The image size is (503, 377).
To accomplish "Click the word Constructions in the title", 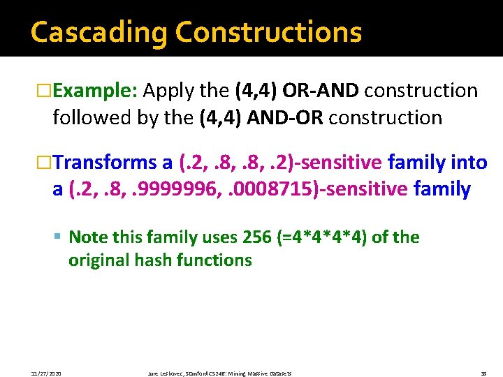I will pyautogui.click(x=269, y=32).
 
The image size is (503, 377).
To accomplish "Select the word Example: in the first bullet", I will pyautogui.click(x=98, y=91).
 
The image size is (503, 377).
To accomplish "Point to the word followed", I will pyautogui.click(x=92, y=117).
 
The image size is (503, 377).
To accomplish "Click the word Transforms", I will pyautogui.click(x=105, y=163).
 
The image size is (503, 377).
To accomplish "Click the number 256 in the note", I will pyautogui.click(x=257, y=237).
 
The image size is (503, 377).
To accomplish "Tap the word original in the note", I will pyautogui.click(x=97, y=260).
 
